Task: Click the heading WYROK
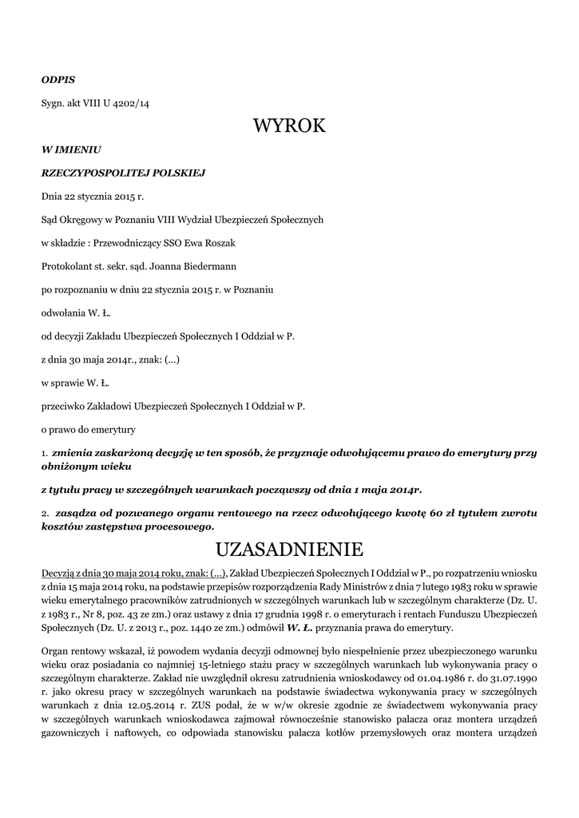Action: click(289, 125)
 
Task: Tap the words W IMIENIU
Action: click(71, 149)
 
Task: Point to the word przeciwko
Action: click(66, 406)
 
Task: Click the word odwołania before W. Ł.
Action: click(64, 312)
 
